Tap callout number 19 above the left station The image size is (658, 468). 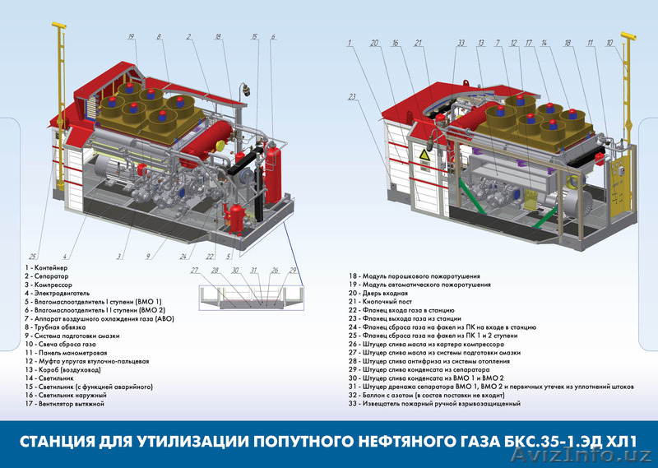pos(131,36)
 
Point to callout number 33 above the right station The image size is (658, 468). pos(461,42)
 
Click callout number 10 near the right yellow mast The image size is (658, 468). pos(609,42)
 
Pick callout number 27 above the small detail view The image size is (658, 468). pos(194,270)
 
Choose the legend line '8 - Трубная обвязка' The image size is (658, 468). pos(53,327)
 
